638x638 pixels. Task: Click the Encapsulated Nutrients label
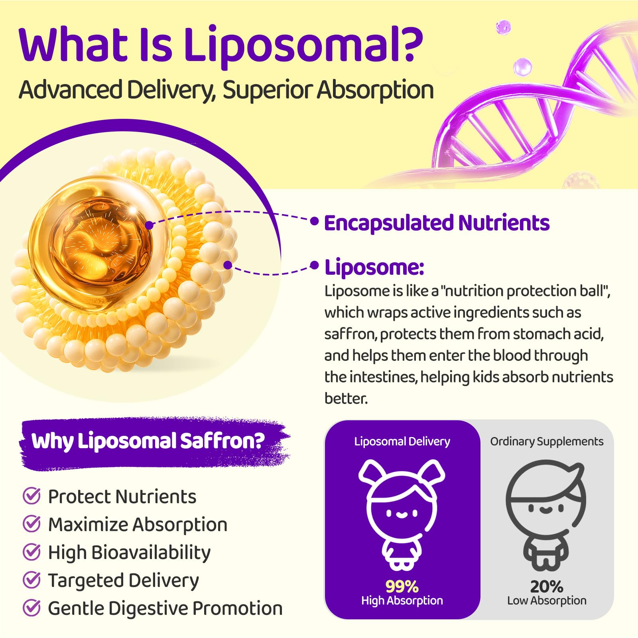click(437, 223)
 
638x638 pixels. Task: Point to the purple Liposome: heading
click(374, 267)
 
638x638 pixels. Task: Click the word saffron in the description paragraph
click(350, 334)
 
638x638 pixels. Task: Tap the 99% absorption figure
click(402, 587)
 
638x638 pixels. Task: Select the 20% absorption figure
click(547, 587)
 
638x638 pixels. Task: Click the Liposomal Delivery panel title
click(402, 441)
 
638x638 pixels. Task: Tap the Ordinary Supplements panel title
click(547, 441)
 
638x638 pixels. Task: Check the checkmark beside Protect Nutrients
click(32, 496)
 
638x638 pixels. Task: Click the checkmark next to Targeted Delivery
click(32, 580)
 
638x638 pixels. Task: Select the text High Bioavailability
click(129, 553)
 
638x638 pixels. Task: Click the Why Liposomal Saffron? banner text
click(148, 441)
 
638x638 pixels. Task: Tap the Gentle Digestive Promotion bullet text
click(165, 608)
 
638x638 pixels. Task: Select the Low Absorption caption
click(547, 601)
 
